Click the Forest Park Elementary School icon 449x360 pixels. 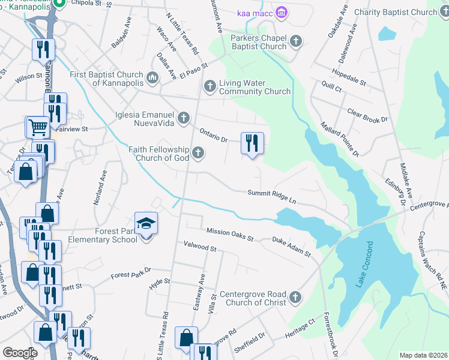(146, 224)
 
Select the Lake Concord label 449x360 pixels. (365, 264)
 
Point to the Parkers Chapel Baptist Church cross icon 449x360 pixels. (295, 41)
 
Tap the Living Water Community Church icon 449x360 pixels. (210, 86)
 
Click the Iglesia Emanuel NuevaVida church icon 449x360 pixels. (183, 116)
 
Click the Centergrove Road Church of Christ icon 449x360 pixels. (295, 296)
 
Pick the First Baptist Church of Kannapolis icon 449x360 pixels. (152, 77)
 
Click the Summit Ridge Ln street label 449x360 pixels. (273, 196)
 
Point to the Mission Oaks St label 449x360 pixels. (230, 235)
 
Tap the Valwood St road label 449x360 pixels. (200, 247)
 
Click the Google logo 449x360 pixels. (19, 353)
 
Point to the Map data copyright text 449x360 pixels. (423, 355)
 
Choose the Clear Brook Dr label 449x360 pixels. (367, 116)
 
